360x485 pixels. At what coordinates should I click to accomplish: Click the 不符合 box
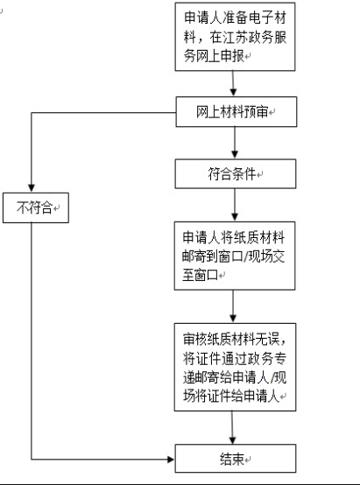[x=34, y=207]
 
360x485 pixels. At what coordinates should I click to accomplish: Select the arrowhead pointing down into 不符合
[x=33, y=190]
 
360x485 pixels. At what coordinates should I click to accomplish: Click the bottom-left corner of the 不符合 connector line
[x=33, y=458]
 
